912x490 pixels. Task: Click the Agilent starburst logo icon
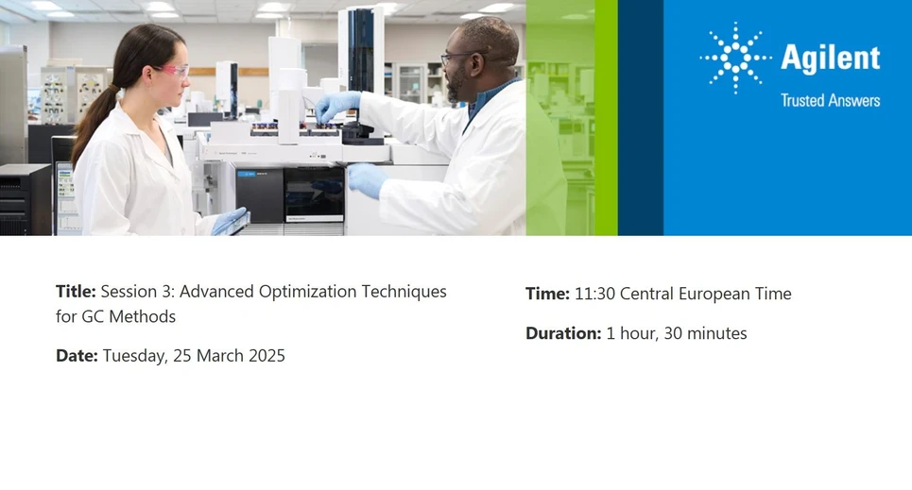coord(734,58)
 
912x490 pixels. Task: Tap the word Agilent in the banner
coord(830,59)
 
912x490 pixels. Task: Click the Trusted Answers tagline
coord(830,100)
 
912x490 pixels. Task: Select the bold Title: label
coord(76,292)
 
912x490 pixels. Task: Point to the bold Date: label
coord(77,356)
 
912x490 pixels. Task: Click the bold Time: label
coord(547,294)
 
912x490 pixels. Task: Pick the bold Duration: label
coord(563,333)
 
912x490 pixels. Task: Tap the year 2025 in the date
coord(265,356)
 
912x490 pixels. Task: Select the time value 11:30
coord(594,294)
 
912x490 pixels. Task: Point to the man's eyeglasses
coord(456,57)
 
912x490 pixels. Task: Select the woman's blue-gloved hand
coord(230,221)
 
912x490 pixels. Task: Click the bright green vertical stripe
coord(605,118)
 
